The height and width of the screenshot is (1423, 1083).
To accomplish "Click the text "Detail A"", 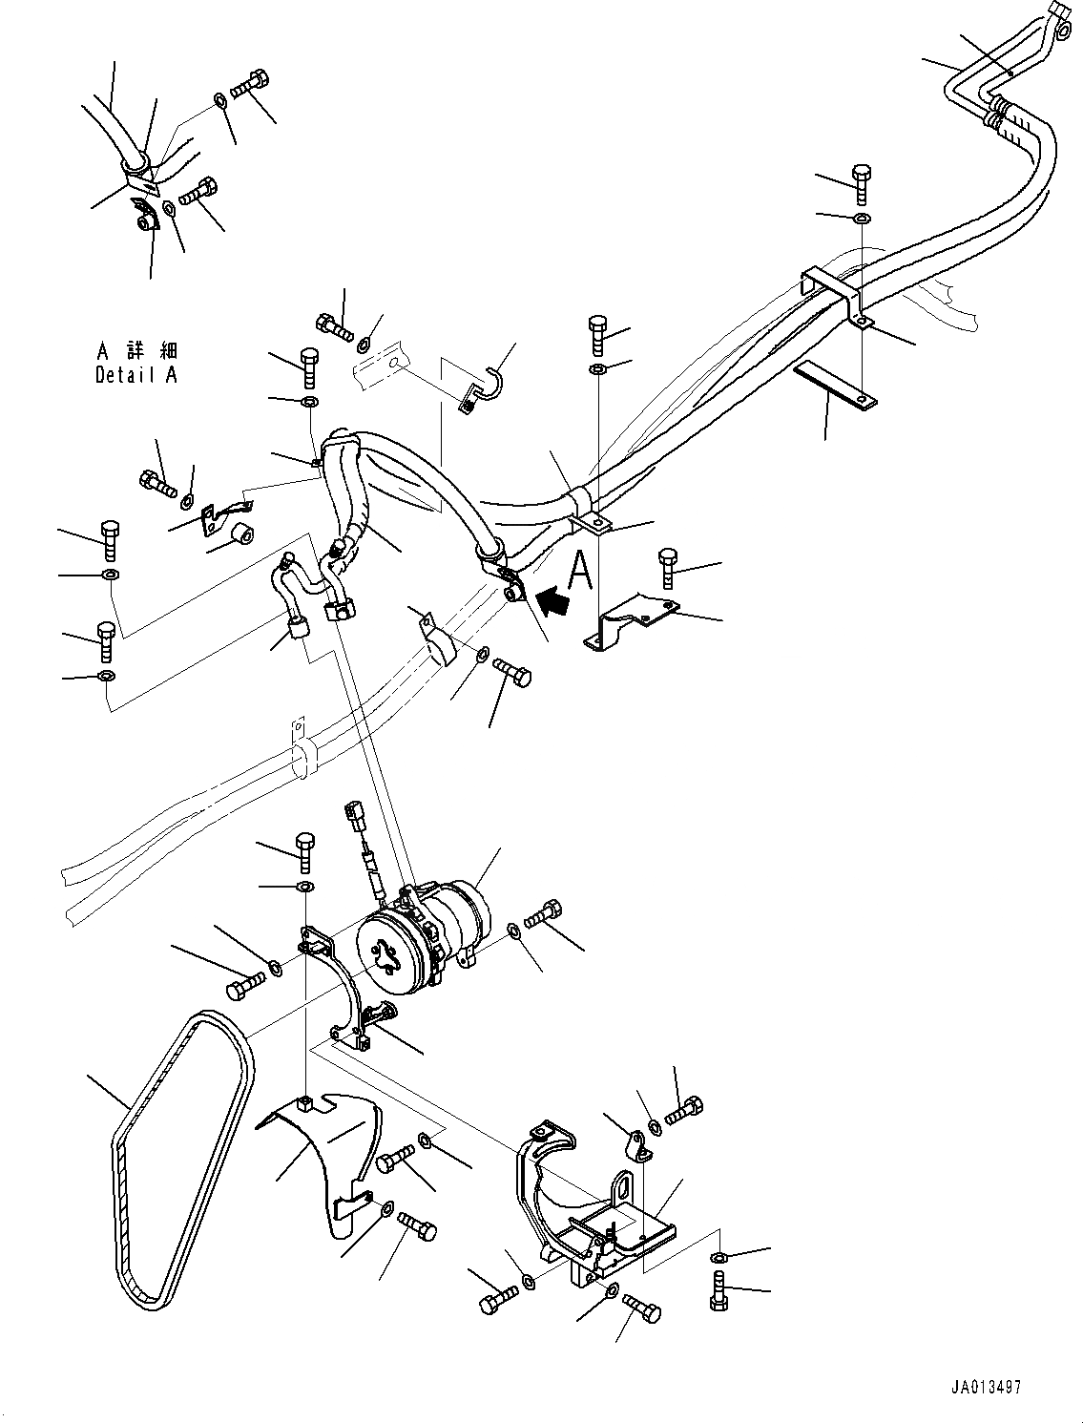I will click(135, 375).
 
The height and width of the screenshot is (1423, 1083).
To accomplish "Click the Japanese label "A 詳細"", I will click(135, 351).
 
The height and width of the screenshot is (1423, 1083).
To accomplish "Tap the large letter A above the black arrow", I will click(581, 571).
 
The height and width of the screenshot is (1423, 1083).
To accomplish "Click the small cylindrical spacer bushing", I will click(240, 532).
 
